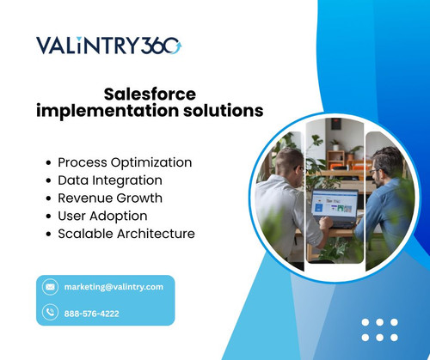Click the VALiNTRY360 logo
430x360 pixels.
point(108,46)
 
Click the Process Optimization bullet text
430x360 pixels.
point(125,162)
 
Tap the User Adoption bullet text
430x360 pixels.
point(102,216)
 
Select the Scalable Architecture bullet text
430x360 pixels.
point(126,234)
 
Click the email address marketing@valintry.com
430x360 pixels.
point(114,287)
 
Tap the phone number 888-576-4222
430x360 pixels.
point(92,314)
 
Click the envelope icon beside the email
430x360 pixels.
point(50,287)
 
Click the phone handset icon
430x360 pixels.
point(50,313)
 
